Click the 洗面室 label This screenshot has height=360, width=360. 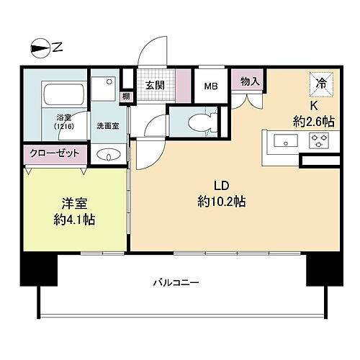click(x=107, y=125)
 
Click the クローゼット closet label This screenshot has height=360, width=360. click(x=54, y=153)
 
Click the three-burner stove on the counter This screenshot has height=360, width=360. click(x=317, y=140)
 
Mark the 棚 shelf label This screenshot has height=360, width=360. click(x=125, y=96)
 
